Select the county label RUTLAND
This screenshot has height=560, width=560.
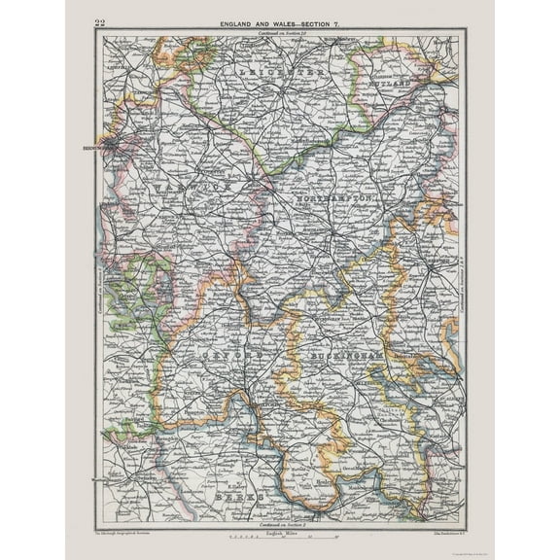(x=389, y=82)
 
